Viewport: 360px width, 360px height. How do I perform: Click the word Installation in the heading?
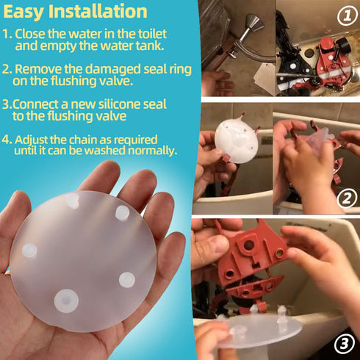click(x=98, y=11)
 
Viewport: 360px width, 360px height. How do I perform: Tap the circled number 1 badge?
click(x=348, y=16)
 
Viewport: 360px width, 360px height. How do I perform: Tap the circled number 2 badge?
click(x=347, y=198)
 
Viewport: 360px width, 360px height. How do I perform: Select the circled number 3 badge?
click(x=345, y=344)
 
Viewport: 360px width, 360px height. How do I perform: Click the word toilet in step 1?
click(x=152, y=34)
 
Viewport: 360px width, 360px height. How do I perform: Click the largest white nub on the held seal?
click(x=66, y=300)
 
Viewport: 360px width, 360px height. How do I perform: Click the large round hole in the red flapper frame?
click(x=248, y=245)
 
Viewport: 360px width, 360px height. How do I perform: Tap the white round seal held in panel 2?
click(x=236, y=142)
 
